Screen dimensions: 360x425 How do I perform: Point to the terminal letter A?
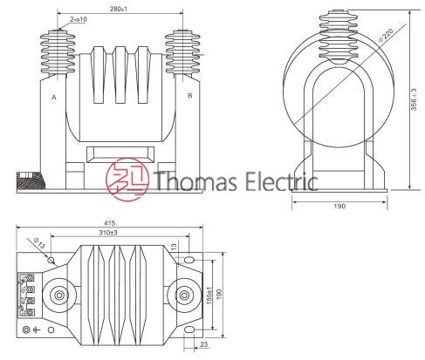point(54,98)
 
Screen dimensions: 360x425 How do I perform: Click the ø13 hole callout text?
point(36,242)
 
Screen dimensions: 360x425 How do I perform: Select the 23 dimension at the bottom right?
point(203,346)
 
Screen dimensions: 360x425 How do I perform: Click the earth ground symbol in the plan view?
point(38,329)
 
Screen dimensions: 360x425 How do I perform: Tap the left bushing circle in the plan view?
point(59,295)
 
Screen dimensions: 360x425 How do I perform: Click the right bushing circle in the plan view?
point(182,295)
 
